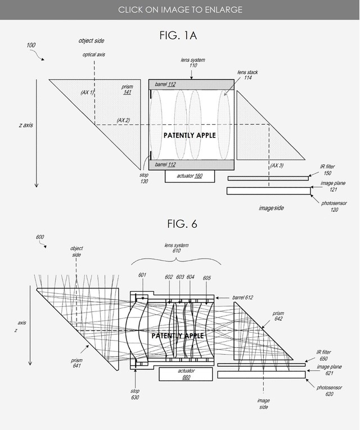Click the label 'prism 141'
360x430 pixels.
coord(127,89)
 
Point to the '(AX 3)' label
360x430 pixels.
coord(277,165)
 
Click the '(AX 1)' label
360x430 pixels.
coord(88,92)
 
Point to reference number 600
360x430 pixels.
coord(40,237)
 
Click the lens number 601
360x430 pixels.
coord(142,275)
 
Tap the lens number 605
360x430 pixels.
coord(206,277)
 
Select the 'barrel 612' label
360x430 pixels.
coord(241,297)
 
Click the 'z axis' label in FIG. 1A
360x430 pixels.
coord(22,125)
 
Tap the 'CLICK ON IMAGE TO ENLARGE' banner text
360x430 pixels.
coord(180,10)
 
